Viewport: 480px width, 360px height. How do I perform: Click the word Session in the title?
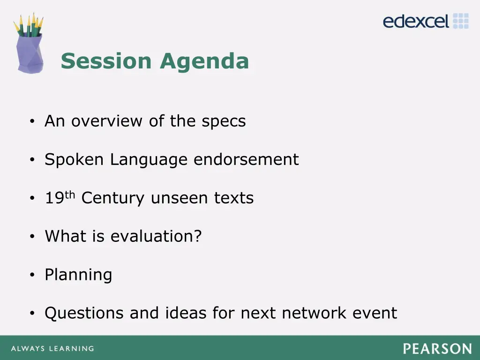(106, 61)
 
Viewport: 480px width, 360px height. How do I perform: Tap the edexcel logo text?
(416, 21)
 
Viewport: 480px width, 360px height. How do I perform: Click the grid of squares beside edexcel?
(461, 21)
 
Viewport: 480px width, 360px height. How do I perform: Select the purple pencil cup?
(29, 53)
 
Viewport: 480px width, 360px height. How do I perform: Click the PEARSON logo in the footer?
(437, 349)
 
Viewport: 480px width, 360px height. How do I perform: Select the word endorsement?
(246, 160)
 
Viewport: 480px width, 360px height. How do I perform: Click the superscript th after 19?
(70, 194)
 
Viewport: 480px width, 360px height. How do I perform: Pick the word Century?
(112, 198)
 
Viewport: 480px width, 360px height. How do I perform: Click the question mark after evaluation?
(198, 236)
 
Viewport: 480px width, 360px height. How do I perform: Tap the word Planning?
(78, 275)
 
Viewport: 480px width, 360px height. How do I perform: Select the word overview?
(108, 121)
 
